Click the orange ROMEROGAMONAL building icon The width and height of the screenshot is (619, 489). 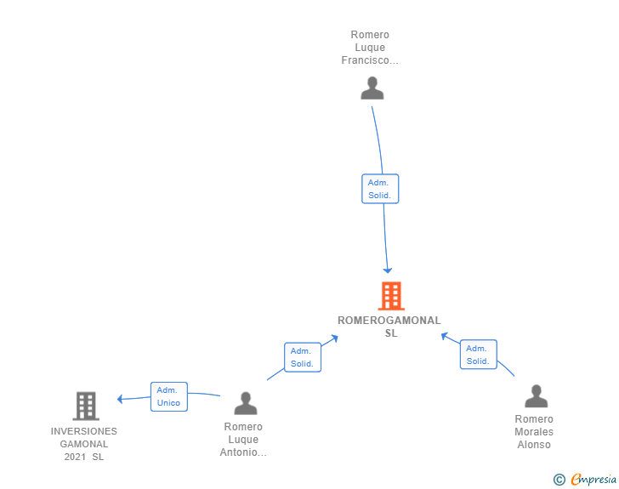[x=391, y=295]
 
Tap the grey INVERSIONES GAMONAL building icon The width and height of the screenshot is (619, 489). [x=86, y=406]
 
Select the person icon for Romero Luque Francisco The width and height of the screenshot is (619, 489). [x=372, y=88]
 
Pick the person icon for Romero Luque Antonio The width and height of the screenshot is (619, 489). [x=246, y=403]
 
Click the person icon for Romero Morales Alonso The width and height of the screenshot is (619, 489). [x=536, y=395]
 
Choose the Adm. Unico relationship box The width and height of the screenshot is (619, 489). [x=169, y=396]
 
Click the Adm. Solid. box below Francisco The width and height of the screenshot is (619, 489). [x=380, y=189]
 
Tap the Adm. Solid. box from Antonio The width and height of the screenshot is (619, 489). [x=303, y=357]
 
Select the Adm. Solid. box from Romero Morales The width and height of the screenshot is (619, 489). [x=479, y=355]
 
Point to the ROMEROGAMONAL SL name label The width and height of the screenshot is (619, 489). [x=389, y=327]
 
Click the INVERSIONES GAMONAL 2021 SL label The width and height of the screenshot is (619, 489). [x=83, y=444]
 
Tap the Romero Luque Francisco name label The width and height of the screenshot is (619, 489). [x=370, y=48]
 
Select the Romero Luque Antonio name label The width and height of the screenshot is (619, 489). [x=243, y=439]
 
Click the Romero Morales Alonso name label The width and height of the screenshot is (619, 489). [x=534, y=432]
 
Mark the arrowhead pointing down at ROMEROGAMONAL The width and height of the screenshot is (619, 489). [x=388, y=270]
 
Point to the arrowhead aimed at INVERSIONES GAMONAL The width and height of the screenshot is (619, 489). [x=120, y=399]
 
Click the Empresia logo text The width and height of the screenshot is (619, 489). [x=593, y=479]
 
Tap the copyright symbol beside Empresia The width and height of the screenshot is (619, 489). [x=559, y=480]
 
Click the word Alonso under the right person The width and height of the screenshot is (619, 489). [x=534, y=445]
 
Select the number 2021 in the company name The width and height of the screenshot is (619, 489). [x=75, y=457]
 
